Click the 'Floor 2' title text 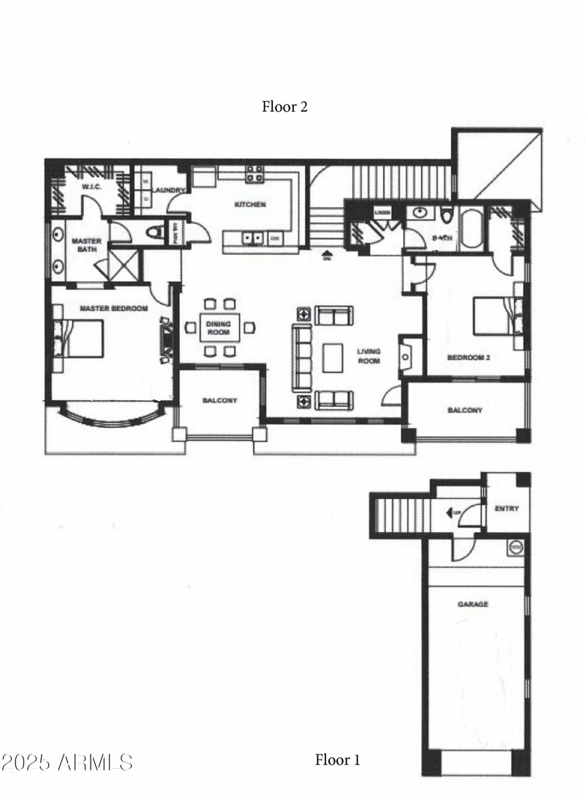pyautogui.click(x=284, y=107)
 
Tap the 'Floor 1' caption pyautogui.click(x=337, y=759)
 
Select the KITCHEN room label pyautogui.click(x=249, y=205)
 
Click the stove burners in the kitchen pyautogui.click(x=254, y=173)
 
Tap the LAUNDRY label pyautogui.click(x=172, y=190)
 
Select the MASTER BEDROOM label pyautogui.click(x=114, y=309)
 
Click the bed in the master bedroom pyautogui.click(x=79, y=338)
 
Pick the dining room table pyautogui.click(x=219, y=327)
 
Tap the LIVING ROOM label pyautogui.click(x=369, y=356)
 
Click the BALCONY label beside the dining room pyautogui.click(x=219, y=401)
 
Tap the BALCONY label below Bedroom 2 pyautogui.click(x=465, y=410)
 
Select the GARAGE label pyautogui.click(x=473, y=604)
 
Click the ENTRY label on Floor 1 pyautogui.click(x=507, y=509)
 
